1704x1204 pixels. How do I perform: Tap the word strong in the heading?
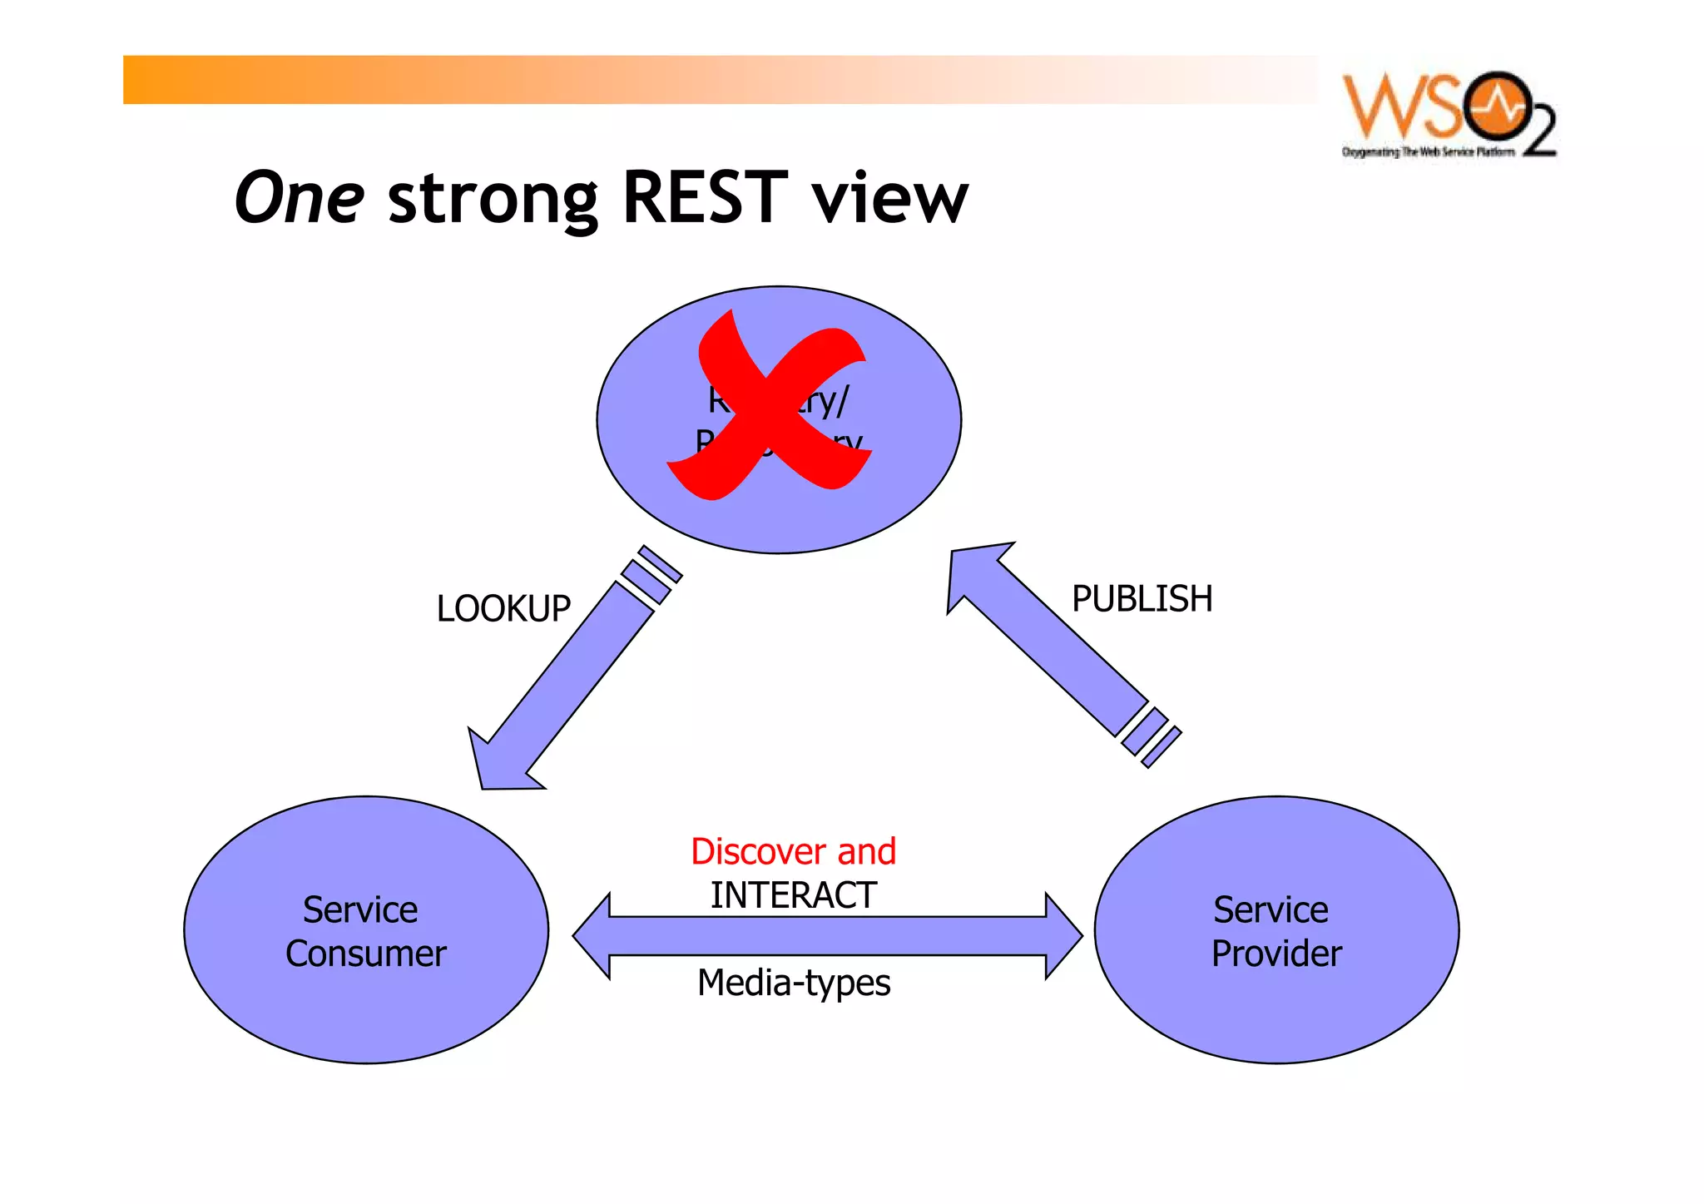[493, 200]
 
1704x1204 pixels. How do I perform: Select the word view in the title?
[889, 200]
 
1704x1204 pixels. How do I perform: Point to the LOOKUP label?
[503, 608]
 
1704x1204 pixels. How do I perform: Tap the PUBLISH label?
[1142, 598]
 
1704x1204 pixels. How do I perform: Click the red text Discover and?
[793, 851]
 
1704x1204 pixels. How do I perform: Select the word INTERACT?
[793, 895]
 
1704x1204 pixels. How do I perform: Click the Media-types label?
[793, 983]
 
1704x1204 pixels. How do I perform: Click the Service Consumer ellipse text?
[365, 931]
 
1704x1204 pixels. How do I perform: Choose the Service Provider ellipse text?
[1276, 931]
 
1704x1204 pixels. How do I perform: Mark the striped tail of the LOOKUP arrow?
[652, 574]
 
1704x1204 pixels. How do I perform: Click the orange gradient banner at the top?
[666, 80]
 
